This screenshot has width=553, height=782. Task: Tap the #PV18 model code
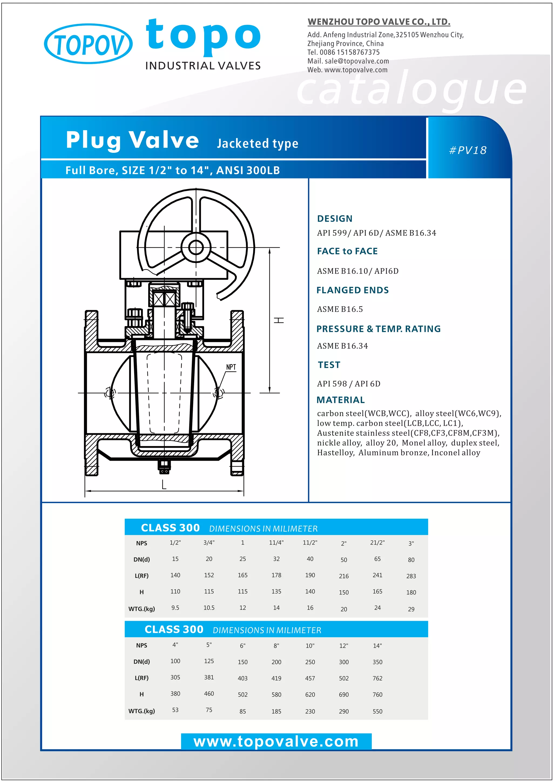468,150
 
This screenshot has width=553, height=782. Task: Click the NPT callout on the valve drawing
231,367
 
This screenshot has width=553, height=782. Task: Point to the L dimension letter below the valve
164,484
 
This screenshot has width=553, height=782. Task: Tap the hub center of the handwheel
196,248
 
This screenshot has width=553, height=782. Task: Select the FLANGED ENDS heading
352,290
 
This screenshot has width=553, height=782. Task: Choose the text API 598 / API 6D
349,384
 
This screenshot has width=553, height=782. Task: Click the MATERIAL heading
340,400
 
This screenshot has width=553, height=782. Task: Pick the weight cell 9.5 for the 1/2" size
175,608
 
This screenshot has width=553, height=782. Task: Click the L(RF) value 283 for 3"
411,576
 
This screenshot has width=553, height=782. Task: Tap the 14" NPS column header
377,646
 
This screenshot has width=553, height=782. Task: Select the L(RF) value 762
377,678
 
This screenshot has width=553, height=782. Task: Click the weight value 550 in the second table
377,712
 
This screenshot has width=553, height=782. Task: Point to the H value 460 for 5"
209,693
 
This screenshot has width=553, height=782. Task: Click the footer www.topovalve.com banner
276,741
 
